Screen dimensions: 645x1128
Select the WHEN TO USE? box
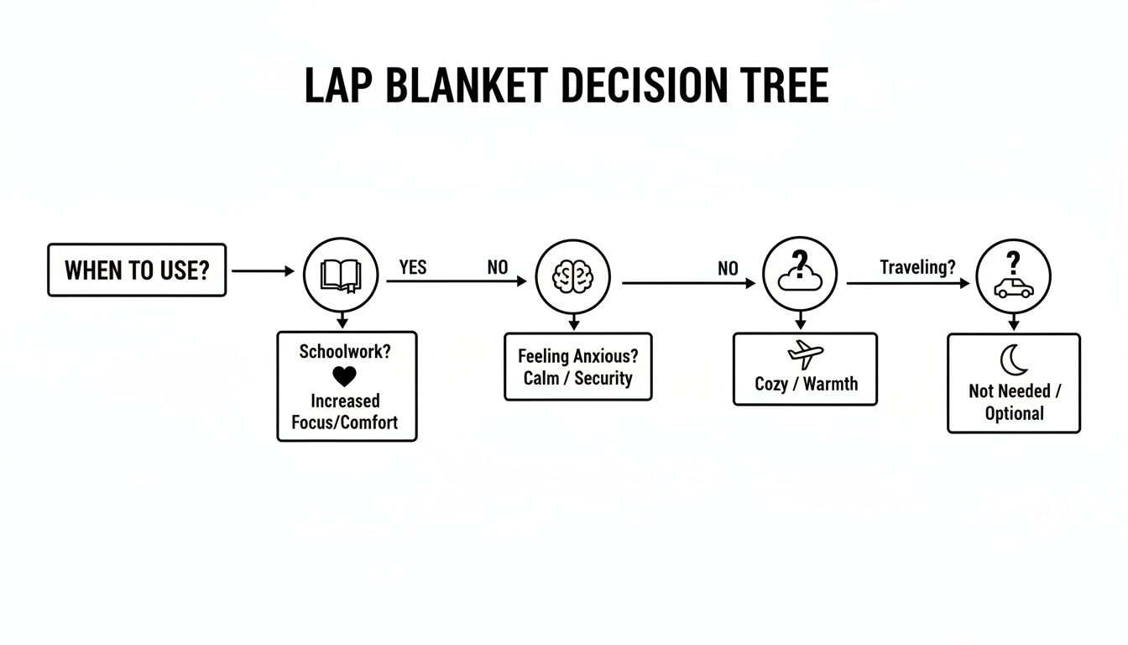point(137,270)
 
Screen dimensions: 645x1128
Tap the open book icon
point(341,275)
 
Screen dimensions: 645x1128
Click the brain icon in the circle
point(573,275)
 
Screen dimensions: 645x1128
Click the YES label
point(412,267)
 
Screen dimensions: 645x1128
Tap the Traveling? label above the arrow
point(917,267)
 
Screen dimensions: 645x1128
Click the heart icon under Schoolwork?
point(344,376)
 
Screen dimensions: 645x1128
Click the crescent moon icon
point(1014,360)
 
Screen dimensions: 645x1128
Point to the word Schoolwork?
point(345,351)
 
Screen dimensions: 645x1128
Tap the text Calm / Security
point(577,378)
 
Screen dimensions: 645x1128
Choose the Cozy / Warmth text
point(806,384)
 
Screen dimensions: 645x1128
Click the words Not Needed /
point(1015,391)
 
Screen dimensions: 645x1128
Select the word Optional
point(1015,413)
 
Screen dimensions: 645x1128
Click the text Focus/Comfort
point(345,422)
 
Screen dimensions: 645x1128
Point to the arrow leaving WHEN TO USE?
point(262,271)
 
